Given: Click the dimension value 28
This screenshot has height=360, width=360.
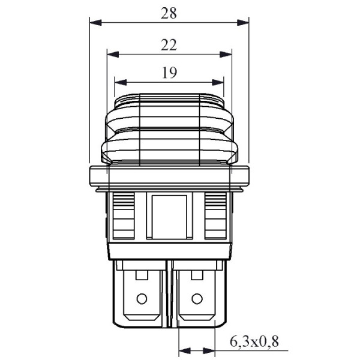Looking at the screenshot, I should tap(169, 13).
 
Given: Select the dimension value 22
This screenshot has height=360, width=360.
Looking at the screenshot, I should tap(169, 44).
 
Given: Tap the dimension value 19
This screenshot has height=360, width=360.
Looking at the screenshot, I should tap(169, 73).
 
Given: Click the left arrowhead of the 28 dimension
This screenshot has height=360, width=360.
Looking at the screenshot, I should tap(95, 23).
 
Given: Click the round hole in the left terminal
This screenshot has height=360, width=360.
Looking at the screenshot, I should tap(142, 298).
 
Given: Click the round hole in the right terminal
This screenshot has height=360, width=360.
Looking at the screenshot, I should tap(196, 298).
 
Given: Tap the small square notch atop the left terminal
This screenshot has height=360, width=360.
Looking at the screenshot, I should tap(142, 275).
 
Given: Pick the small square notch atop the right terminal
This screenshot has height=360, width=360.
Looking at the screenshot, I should tap(196, 275).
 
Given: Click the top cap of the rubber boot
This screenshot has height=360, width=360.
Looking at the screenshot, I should tap(169, 100).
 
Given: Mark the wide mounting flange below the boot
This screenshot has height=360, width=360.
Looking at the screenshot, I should tap(169, 176).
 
